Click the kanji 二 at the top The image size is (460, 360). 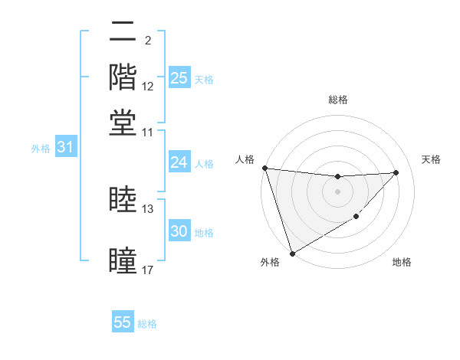123,33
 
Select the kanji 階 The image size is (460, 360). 123,77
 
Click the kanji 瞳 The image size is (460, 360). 123,260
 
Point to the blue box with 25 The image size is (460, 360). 179,77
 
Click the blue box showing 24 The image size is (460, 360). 179,162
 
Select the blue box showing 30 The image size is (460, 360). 179,231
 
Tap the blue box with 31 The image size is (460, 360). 65,147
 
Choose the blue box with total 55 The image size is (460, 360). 123,322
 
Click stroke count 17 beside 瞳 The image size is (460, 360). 148,270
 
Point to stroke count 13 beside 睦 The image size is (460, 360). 148,208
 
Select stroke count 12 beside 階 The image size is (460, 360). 148,87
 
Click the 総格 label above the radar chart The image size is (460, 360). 338,100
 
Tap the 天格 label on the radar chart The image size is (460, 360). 431,159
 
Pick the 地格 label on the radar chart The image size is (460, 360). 402,262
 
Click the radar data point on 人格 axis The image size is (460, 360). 264,168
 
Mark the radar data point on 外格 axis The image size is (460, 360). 292,254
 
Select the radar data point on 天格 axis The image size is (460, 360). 396,172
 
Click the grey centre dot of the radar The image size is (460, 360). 338,191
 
